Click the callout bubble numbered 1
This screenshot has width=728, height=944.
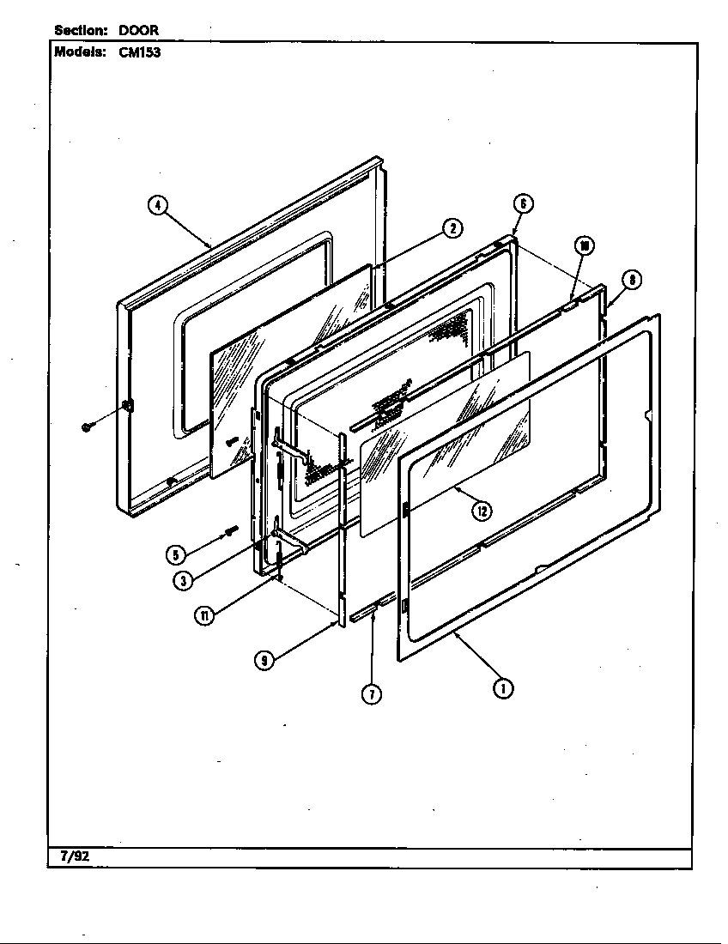[x=503, y=688]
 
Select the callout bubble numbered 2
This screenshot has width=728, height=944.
[x=452, y=229]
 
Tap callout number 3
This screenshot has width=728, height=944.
[x=183, y=580]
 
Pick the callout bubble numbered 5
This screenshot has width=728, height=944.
[x=175, y=554]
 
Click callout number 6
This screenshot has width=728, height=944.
[x=523, y=204]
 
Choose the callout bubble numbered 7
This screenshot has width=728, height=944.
[x=372, y=694]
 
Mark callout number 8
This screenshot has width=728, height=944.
[x=632, y=280]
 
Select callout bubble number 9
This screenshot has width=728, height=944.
[x=264, y=661]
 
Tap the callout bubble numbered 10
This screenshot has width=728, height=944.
[x=584, y=245]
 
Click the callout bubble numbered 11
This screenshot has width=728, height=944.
[x=204, y=616]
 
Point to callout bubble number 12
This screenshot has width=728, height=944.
[x=482, y=511]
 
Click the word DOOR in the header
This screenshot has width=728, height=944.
[x=138, y=30]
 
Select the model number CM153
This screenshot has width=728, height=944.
[x=140, y=52]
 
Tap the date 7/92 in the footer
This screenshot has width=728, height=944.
[x=75, y=856]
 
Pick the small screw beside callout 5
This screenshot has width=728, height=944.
[x=231, y=529]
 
